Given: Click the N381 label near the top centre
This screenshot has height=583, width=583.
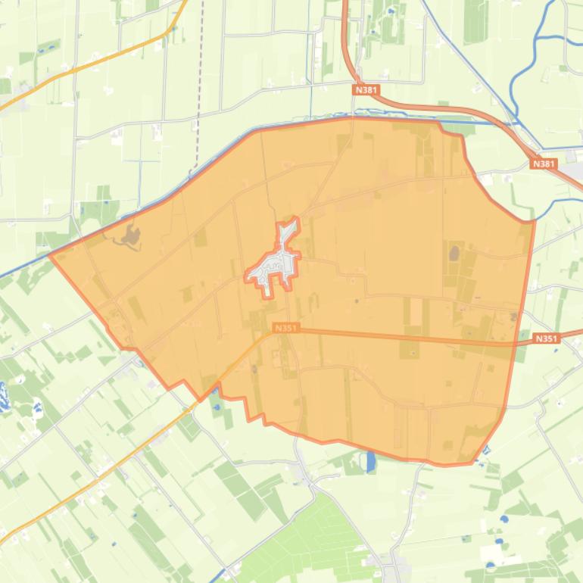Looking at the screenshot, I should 366,90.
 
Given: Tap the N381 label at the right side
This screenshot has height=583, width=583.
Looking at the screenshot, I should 543,164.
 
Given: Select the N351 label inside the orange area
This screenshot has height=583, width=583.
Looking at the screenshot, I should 285,328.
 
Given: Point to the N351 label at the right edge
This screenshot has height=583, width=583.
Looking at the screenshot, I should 546,338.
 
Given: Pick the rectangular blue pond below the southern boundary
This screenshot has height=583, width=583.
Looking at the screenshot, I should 371,461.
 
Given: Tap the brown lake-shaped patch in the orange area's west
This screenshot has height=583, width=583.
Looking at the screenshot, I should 130,238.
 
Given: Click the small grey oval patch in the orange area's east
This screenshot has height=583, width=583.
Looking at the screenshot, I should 454,252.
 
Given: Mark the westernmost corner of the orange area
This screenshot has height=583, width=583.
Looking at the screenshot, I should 51,255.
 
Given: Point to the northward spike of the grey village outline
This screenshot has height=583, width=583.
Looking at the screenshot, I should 288,225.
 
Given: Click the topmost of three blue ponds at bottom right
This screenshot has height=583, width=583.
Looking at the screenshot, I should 504,520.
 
